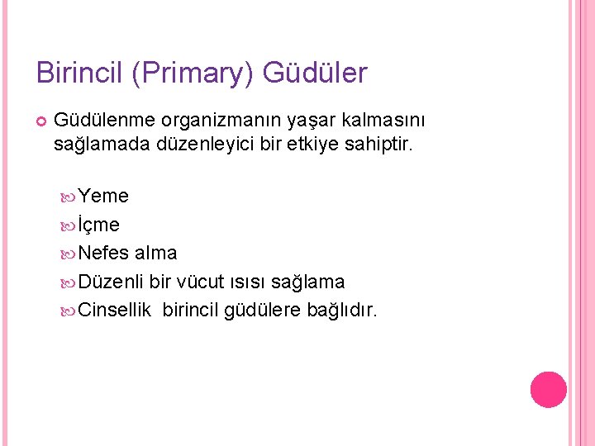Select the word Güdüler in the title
click(x=315, y=73)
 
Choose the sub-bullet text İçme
click(x=99, y=225)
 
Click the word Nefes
click(x=105, y=253)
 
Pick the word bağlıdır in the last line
click(x=342, y=311)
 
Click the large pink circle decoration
click(x=548, y=390)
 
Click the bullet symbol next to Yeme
click(x=69, y=197)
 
